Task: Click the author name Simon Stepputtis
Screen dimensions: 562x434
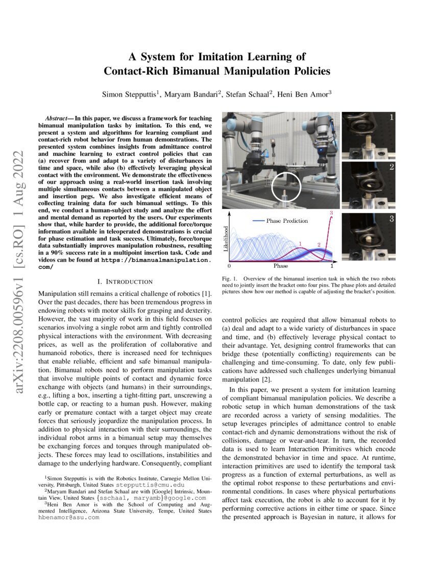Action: [x=131, y=95]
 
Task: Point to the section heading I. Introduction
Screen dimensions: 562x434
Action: [x=125, y=282]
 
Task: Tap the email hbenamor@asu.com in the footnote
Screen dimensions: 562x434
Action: [x=68, y=517]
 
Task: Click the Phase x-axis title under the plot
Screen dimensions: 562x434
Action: [x=281, y=266]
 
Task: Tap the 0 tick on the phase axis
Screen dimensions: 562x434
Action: [x=230, y=266]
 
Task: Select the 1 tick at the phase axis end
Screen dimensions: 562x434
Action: [x=332, y=266]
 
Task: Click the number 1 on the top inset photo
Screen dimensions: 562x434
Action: [x=391, y=118]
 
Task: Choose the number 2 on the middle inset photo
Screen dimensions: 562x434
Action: [x=391, y=167]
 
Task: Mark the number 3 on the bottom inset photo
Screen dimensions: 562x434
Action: [x=391, y=219]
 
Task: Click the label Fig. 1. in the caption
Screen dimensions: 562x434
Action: [x=230, y=278]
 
